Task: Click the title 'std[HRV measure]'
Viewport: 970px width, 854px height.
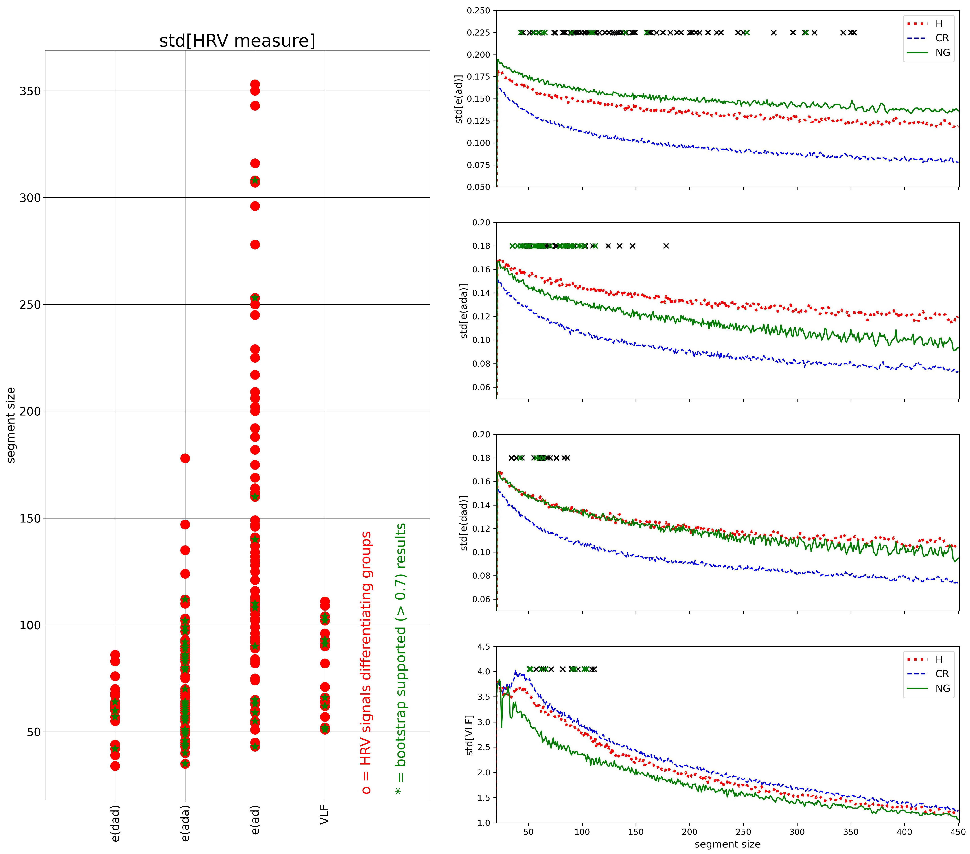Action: [x=237, y=41]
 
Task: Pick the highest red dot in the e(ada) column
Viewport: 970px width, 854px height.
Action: [x=185, y=458]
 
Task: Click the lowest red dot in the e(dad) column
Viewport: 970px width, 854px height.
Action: [x=115, y=766]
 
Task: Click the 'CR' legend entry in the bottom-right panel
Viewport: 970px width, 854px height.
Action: [x=942, y=674]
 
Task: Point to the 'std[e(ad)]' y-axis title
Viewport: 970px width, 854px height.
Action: [x=459, y=99]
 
